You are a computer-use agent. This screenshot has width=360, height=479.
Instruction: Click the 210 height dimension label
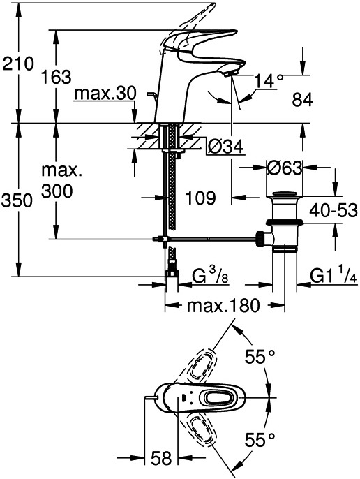pyautogui.click(x=17, y=64)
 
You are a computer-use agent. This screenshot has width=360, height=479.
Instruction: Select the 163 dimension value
pyautogui.click(x=56, y=77)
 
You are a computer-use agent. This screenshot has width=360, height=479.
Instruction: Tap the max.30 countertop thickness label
pyautogui.click(x=105, y=94)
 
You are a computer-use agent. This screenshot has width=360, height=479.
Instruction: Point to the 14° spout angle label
pyautogui.click(x=269, y=81)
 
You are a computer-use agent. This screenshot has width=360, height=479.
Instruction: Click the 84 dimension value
pyautogui.click(x=302, y=100)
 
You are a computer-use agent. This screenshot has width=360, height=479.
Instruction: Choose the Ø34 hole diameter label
pyautogui.click(x=225, y=147)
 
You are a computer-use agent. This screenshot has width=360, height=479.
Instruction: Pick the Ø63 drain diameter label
pyautogui.click(x=285, y=168)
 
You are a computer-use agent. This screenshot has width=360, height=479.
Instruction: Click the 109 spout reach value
pyautogui.click(x=201, y=198)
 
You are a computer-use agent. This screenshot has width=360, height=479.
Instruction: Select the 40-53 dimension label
pyautogui.click(x=333, y=210)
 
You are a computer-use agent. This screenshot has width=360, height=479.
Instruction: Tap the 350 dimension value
pyautogui.click(x=17, y=200)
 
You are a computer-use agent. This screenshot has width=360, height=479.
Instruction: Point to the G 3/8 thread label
pyautogui.click(x=211, y=275)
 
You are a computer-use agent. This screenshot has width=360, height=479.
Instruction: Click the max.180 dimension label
pyautogui.click(x=223, y=305)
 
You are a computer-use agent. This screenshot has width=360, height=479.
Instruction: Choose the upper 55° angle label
pyautogui.click(x=260, y=356)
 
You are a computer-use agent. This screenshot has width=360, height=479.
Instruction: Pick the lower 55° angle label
pyautogui.click(x=260, y=440)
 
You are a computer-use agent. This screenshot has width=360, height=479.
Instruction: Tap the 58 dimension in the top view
pyautogui.click(x=161, y=458)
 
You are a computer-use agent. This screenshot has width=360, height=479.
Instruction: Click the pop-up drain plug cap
pyautogui.click(x=285, y=194)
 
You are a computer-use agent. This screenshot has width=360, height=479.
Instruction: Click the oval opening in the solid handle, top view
pyautogui.click(x=220, y=398)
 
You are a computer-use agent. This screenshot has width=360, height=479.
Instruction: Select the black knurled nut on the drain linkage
pyautogui.click(x=260, y=239)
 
